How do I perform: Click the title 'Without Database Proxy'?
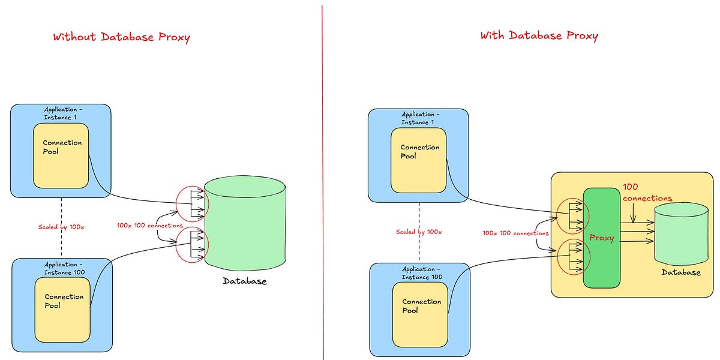(121, 37)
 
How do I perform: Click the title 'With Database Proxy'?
(539, 35)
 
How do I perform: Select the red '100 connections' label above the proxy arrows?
(647, 193)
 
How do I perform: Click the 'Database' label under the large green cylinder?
(245, 281)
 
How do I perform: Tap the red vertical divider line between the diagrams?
(323, 180)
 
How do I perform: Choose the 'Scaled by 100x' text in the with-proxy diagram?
(419, 232)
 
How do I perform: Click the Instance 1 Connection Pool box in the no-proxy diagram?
(61, 155)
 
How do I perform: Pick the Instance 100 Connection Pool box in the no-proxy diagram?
(61, 307)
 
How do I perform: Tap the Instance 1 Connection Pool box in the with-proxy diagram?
(418, 159)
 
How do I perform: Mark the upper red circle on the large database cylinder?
(191, 204)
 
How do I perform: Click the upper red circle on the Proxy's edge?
(574, 215)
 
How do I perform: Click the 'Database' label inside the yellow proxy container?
(680, 272)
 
